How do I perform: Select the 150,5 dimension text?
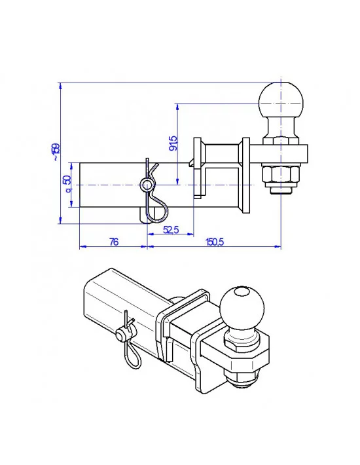point(215,242)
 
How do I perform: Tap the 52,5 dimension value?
point(171,229)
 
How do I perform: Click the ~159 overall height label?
point(56,153)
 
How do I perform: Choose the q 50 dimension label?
point(67,185)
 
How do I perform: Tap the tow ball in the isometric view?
point(241,307)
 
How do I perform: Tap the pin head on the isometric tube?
point(121,335)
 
